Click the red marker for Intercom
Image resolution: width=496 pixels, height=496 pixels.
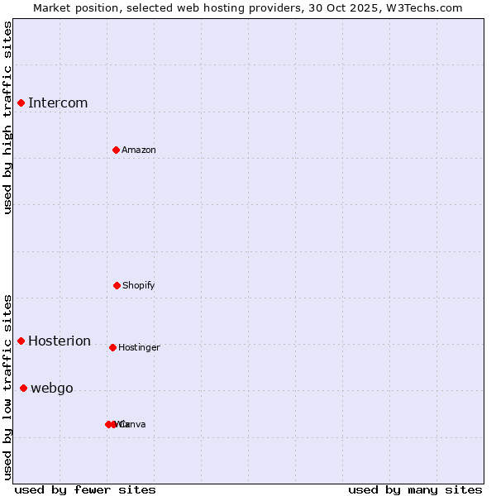(21, 103)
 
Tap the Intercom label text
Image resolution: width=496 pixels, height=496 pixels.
(58, 103)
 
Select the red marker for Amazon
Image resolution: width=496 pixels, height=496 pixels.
(116, 150)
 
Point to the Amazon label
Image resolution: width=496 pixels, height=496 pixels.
(139, 150)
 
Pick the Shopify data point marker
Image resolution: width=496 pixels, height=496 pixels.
(117, 285)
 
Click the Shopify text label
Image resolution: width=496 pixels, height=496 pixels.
(139, 286)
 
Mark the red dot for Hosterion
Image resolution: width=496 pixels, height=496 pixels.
(21, 341)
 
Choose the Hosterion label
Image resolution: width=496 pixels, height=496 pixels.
(60, 341)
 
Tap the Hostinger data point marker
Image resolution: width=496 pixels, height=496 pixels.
(112, 347)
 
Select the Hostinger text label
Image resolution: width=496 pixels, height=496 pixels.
(139, 348)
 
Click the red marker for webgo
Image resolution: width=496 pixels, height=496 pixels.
(23, 388)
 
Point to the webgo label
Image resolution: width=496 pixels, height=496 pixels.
(52, 389)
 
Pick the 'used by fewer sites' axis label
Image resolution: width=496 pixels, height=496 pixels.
(85, 490)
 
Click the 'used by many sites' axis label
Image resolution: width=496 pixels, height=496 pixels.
(415, 490)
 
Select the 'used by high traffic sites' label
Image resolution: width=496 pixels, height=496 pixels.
(7, 117)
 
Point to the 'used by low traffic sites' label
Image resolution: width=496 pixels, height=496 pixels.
(7, 387)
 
